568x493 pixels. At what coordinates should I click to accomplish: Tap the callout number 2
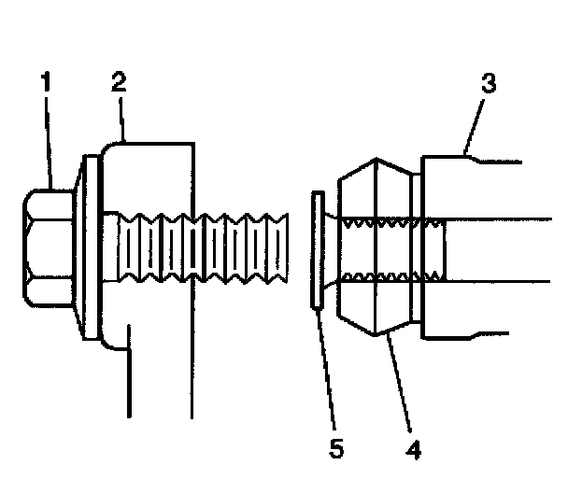tap(118, 82)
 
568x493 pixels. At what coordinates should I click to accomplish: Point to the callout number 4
tap(412, 449)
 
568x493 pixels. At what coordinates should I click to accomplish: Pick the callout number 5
tap(337, 449)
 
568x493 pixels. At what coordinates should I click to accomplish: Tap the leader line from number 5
tap(326, 373)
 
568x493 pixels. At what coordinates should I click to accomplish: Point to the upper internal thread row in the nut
tap(392, 223)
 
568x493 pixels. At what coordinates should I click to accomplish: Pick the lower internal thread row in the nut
tap(392, 277)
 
